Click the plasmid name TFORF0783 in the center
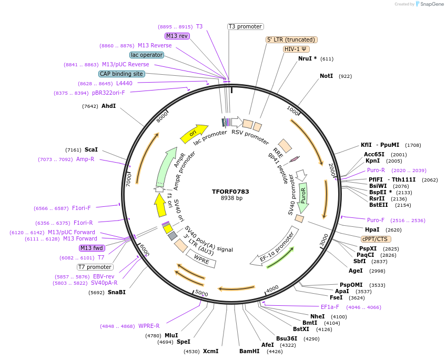coord(231,191)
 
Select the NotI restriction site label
coord(326,76)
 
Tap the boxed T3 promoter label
coord(245,26)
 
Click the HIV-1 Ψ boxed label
coord(296,49)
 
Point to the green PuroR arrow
coord(303,197)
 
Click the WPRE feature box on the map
coord(201,258)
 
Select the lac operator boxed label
coord(146,55)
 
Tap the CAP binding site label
coord(121,74)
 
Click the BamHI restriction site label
coord(249,351)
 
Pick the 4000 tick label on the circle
coord(272,289)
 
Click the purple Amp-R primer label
coord(85,159)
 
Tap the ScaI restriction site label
coord(91,149)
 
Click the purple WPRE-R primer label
coord(149,326)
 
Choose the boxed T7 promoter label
coord(95,267)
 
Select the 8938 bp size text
coord(231,198)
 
